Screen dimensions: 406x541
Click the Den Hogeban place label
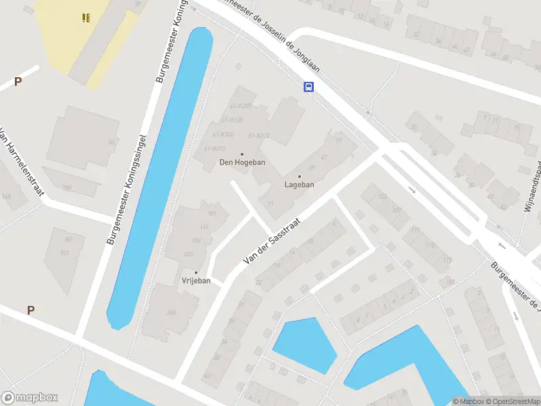click(x=242, y=162)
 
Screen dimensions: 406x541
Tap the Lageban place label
click(x=299, y=184)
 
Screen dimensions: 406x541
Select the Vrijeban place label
click(x=196, y=281)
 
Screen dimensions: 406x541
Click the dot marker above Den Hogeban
click(x=242, y=154)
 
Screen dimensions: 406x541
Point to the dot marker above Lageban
click(x=300, y=176)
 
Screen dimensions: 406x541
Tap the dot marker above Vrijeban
click(x=196, y=273)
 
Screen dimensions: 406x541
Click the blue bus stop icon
click(x=308, y=87)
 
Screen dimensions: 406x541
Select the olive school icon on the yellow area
click(x=86, y=18)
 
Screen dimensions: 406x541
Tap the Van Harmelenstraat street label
click(x=22, y=162)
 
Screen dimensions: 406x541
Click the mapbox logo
click(x=30, y=398)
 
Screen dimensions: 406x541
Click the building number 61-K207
click(x=241, y=106)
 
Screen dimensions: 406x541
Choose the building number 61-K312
click(x=259, y=135)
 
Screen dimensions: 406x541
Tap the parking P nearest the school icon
click(x=18, y=82)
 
